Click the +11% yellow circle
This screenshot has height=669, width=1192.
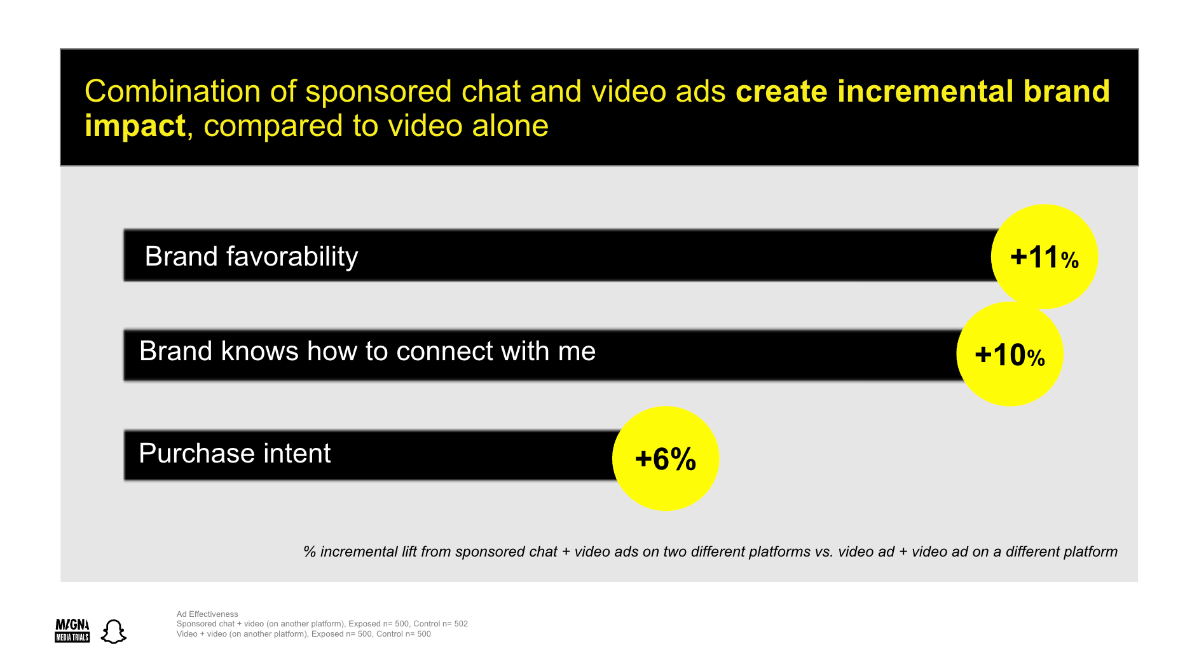click(1044, 257)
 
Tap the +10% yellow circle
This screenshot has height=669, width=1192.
click(1010, 354)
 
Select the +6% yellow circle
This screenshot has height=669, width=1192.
click(666, 458)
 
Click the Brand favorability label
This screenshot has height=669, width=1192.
click(251, 257)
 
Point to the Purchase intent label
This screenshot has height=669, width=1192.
click(235, 453)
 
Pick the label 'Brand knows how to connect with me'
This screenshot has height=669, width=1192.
click(367, 351)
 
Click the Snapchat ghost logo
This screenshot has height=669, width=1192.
click(114, 631)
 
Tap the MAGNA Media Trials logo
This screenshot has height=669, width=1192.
click(72, 630)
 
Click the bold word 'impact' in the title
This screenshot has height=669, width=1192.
click(135, 125)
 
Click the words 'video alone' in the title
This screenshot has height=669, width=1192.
click(468, 125)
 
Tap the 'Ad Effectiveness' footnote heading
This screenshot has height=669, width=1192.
click(207, 614)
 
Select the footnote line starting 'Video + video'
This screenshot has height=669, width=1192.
click(304, 633)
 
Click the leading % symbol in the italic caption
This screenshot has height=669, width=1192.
click(310, 551)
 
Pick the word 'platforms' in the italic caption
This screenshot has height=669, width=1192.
click(779, 552)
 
